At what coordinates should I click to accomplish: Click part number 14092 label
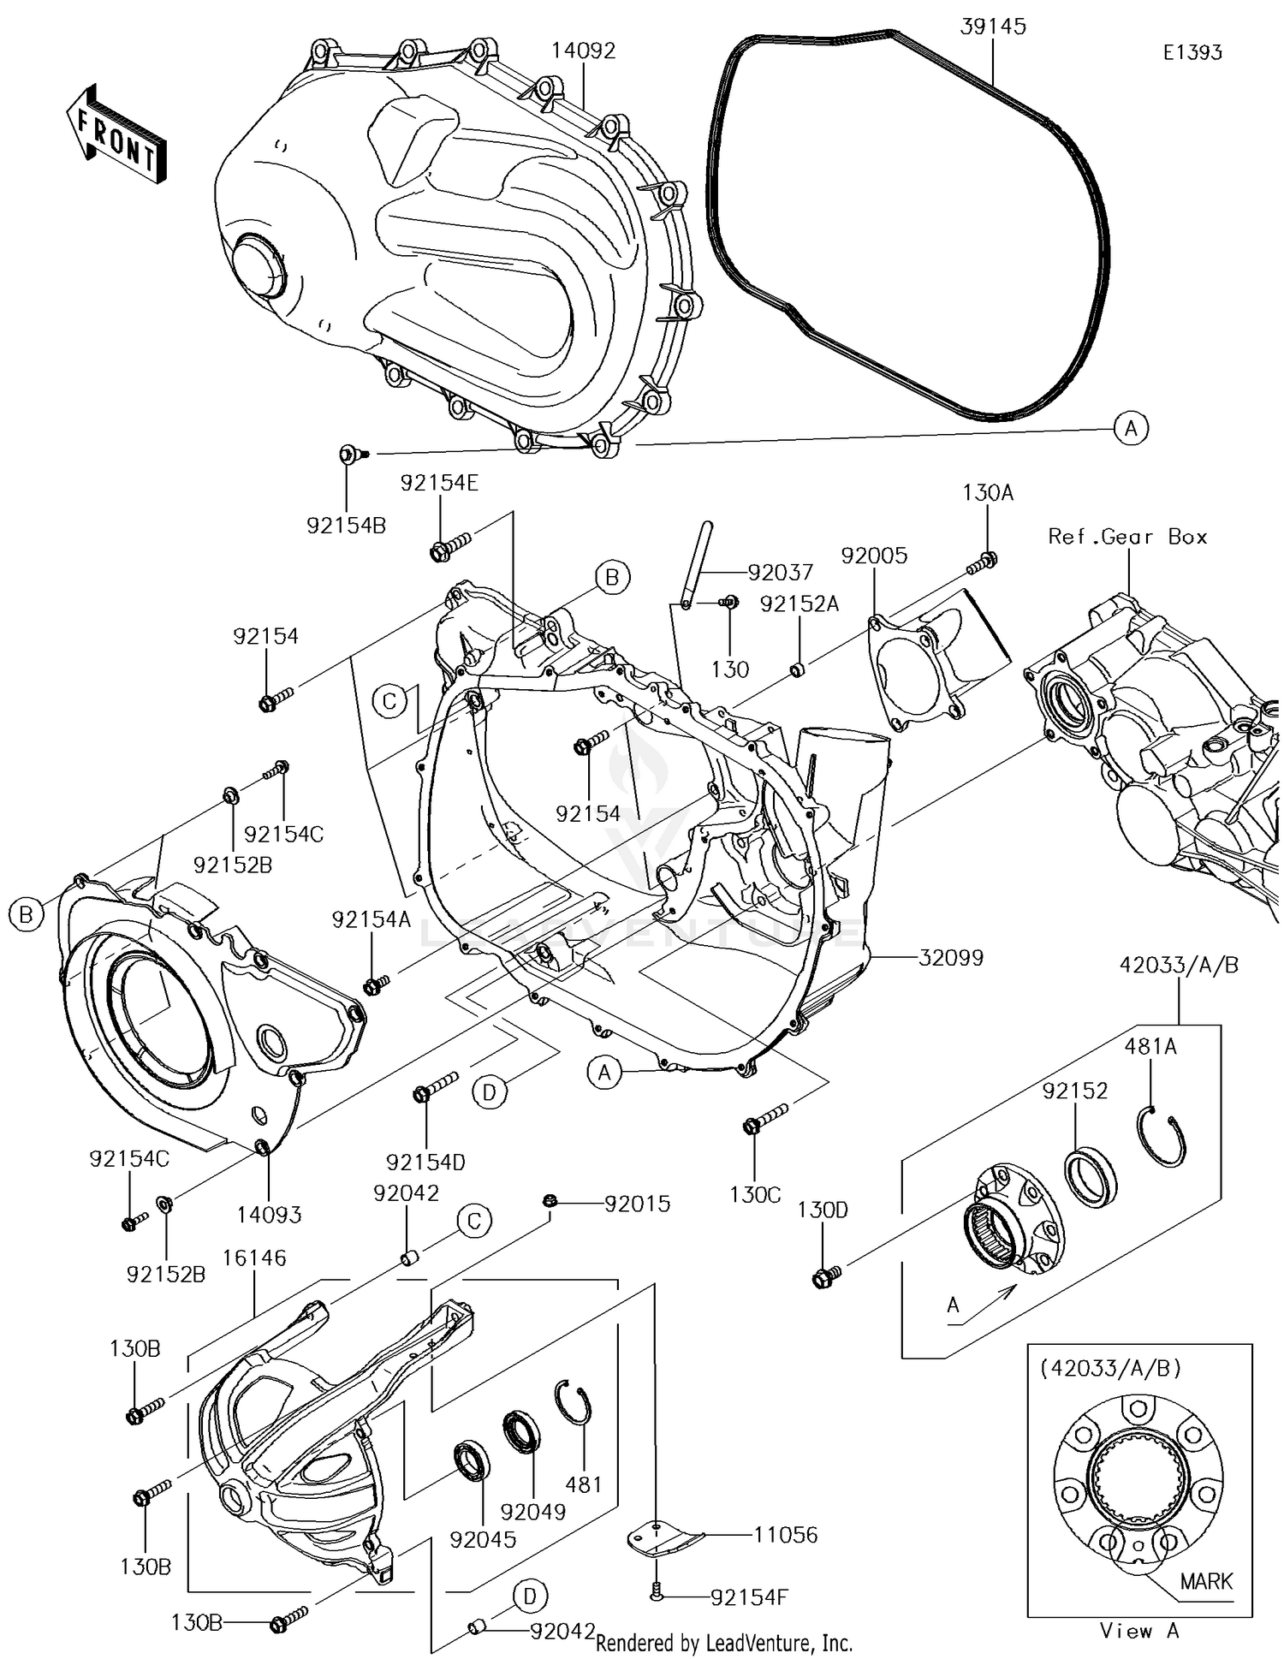point(583,51)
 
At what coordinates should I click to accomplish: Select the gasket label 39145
point(992,27)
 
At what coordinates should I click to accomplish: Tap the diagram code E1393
point(1192,52)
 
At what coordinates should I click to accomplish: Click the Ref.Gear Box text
point(1127,537)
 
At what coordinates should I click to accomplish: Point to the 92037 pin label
point(780,572)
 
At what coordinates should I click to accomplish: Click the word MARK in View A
point(1206,1581)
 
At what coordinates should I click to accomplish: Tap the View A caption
point(1139,1631)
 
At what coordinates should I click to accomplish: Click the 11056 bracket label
point(785,1535)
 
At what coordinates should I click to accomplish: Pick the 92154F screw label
point(749,1597)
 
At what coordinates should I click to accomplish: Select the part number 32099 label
point(951,957)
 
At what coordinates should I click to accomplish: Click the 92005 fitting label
point(874,556)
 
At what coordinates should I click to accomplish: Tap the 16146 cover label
point(254,1258)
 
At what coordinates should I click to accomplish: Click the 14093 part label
point(269,1214)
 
